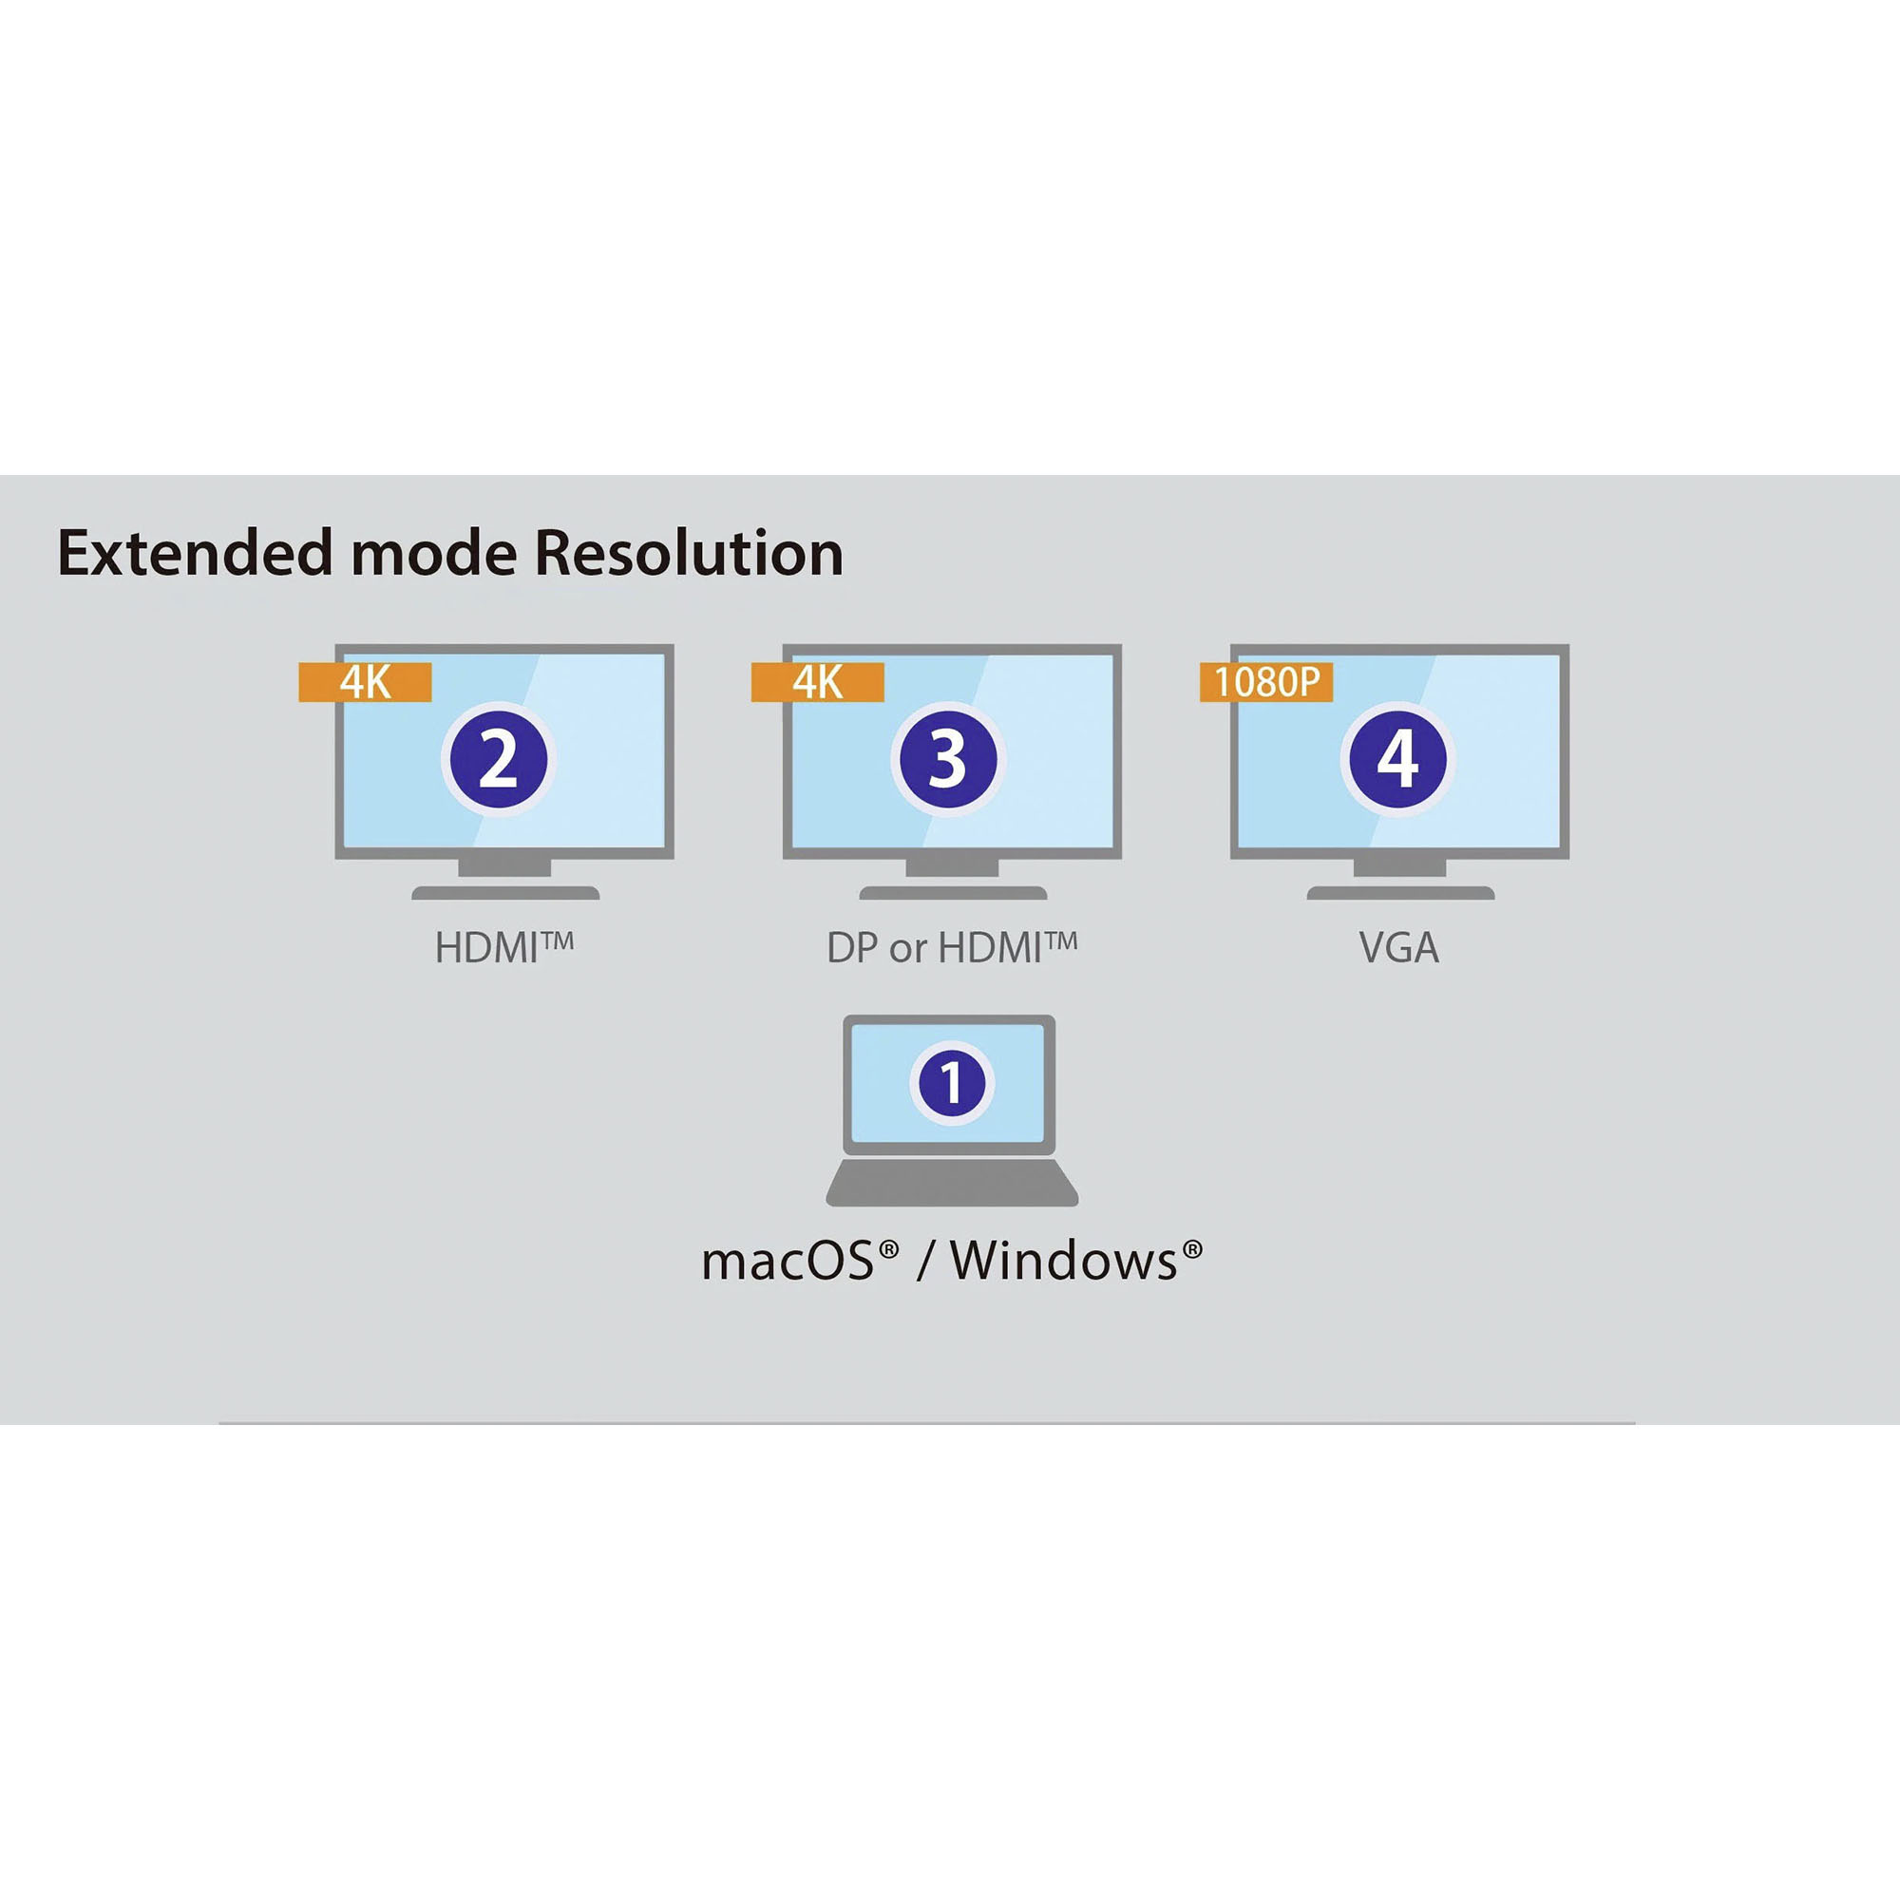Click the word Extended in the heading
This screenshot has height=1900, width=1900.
click(x=196, y=554)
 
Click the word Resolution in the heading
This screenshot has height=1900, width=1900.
click(x=689, y=554)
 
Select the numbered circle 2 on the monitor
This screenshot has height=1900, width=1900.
click(x=499, y=759)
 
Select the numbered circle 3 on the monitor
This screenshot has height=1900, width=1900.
click(x=948, y=759)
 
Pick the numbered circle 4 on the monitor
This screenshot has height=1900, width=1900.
click(x=1397, y=759)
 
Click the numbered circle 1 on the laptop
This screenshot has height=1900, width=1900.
click(x=951, y=1082)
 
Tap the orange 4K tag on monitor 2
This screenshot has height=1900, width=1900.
click(x=365, y=682)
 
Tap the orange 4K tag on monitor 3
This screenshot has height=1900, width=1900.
click(x=817, y=682)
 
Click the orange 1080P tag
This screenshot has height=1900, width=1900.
click(x=1265, y=682)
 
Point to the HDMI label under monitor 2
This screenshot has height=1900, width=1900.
click(x=503, y=948)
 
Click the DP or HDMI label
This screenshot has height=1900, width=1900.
click(x=951, y=948)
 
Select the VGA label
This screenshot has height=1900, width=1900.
click(x=1398, y=948)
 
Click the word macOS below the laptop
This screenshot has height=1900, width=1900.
click(x=787, y=1262)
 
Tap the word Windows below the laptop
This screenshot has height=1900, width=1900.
click(x=1062, y=1262)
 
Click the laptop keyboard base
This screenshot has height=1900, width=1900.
click(x=951, y=1183)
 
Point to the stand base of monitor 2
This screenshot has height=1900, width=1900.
click(x=505, y=893)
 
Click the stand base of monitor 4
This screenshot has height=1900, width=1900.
click(x=1400, y=893)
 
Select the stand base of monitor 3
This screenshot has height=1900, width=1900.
click(x=953, y=893)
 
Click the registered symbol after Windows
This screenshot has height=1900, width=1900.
click(x=1192, y=1249)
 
